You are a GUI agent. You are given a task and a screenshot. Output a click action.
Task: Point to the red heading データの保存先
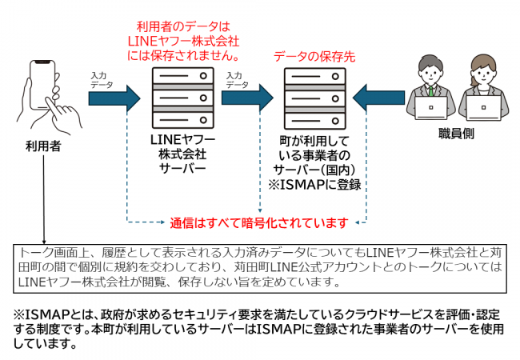point(310,57)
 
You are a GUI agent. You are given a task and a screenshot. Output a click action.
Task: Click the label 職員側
point(457,134)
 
